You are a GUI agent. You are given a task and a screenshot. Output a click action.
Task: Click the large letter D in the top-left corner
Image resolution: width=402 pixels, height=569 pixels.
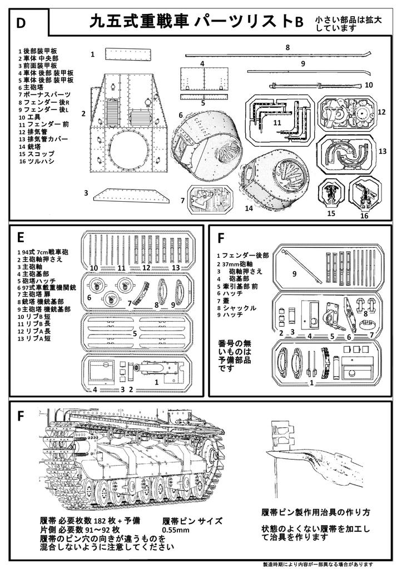pos(21,23)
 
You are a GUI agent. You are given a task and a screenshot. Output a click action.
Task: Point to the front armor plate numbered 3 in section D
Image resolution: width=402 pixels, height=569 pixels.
pos(131,194)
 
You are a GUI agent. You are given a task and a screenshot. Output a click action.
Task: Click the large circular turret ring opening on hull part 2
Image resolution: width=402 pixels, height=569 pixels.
pos(129,150)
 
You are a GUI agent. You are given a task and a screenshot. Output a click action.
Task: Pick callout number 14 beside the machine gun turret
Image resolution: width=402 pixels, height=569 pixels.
pos(249,208)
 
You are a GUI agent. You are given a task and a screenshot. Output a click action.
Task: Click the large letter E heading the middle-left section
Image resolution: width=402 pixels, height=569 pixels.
pos(20,238)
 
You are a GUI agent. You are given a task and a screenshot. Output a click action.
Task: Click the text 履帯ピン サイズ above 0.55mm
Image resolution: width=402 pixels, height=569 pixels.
pos(186,521)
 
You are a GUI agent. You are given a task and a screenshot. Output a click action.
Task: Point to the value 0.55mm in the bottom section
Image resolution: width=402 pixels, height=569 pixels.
pos(176,531)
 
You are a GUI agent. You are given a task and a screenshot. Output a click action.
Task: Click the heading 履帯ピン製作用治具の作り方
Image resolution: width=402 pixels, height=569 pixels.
pos(315,512)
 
